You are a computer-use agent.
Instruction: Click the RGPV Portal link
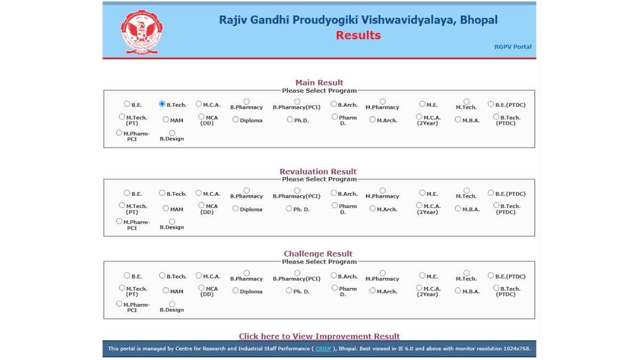tap(513, 46)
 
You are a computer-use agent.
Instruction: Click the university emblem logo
tap(141, 31)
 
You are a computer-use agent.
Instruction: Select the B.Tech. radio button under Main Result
tap(162, 104)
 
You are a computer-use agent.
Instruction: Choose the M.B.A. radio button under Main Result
tap(458, 119)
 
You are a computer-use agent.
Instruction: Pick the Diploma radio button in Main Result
tap(236, 119)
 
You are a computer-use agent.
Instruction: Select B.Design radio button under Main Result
tap(172, 133)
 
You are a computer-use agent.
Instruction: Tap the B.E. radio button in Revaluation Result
tap(127, 193)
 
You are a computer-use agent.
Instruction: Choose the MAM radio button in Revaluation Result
tap(166, 209)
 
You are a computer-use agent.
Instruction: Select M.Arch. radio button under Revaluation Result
tap(373, 209)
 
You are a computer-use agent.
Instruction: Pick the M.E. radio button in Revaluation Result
tap(422, 193)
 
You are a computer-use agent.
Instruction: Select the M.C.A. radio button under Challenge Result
tap(199, 276)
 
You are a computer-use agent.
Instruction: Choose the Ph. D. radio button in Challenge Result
tap(289, 291)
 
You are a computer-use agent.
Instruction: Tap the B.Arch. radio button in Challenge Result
tap(334, 276)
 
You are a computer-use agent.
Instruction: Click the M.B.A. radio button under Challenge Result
tap(458, 291)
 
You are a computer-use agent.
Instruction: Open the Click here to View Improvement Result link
tap(319, 336)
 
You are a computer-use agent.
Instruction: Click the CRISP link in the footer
tap(323, 349)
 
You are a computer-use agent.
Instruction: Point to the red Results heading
tap(358, 35)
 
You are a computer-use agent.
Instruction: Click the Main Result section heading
tap(319, 83)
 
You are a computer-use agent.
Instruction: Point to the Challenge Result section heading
tap(318, 254)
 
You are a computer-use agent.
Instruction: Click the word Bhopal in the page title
tap(478, 20)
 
